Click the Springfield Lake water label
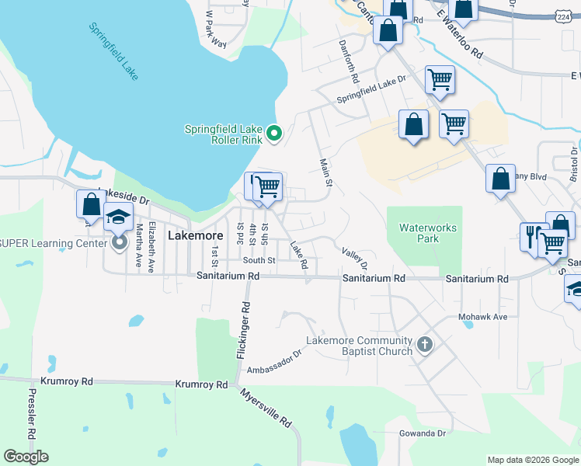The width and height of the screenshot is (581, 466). pos(113,51)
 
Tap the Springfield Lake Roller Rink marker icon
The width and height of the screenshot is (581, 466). pos(273,135)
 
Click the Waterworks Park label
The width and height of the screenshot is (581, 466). pos(427,233)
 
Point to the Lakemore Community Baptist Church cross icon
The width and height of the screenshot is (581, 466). pos(424,345)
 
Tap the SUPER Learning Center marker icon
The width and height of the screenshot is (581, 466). pos(119,243)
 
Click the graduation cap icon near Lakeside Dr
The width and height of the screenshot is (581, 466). pos(118,217)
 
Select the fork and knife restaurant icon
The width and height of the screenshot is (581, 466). pos(534,237)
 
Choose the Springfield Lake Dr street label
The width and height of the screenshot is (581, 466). pos(371,90)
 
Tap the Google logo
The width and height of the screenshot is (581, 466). pos(26,456)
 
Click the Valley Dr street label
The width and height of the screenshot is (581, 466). pos(354,259)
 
